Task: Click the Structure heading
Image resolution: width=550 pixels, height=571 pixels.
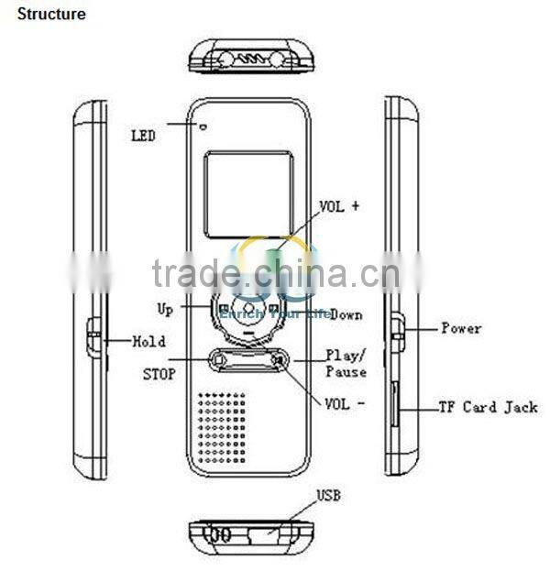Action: [51, 15]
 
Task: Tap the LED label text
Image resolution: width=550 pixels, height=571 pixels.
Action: [143, 136]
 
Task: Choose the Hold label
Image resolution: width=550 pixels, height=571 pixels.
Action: [148, 342]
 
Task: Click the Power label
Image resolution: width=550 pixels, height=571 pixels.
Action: [461, 328]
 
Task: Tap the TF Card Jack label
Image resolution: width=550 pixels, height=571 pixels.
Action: [487, 407]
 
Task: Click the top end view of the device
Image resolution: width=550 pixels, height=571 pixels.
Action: [249, 57]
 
